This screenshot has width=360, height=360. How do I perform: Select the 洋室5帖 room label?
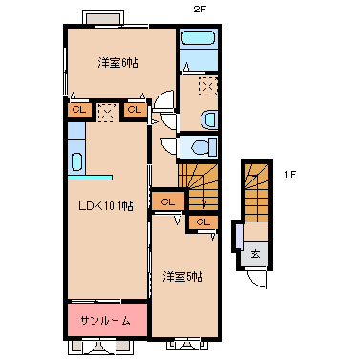click(182, 277)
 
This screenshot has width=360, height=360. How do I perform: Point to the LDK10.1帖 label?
click(105, 204)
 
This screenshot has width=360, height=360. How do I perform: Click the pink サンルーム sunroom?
click(105, 320)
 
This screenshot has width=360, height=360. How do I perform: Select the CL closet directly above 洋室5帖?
click(201, 222)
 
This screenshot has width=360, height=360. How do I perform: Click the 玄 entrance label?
click(255, 253)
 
